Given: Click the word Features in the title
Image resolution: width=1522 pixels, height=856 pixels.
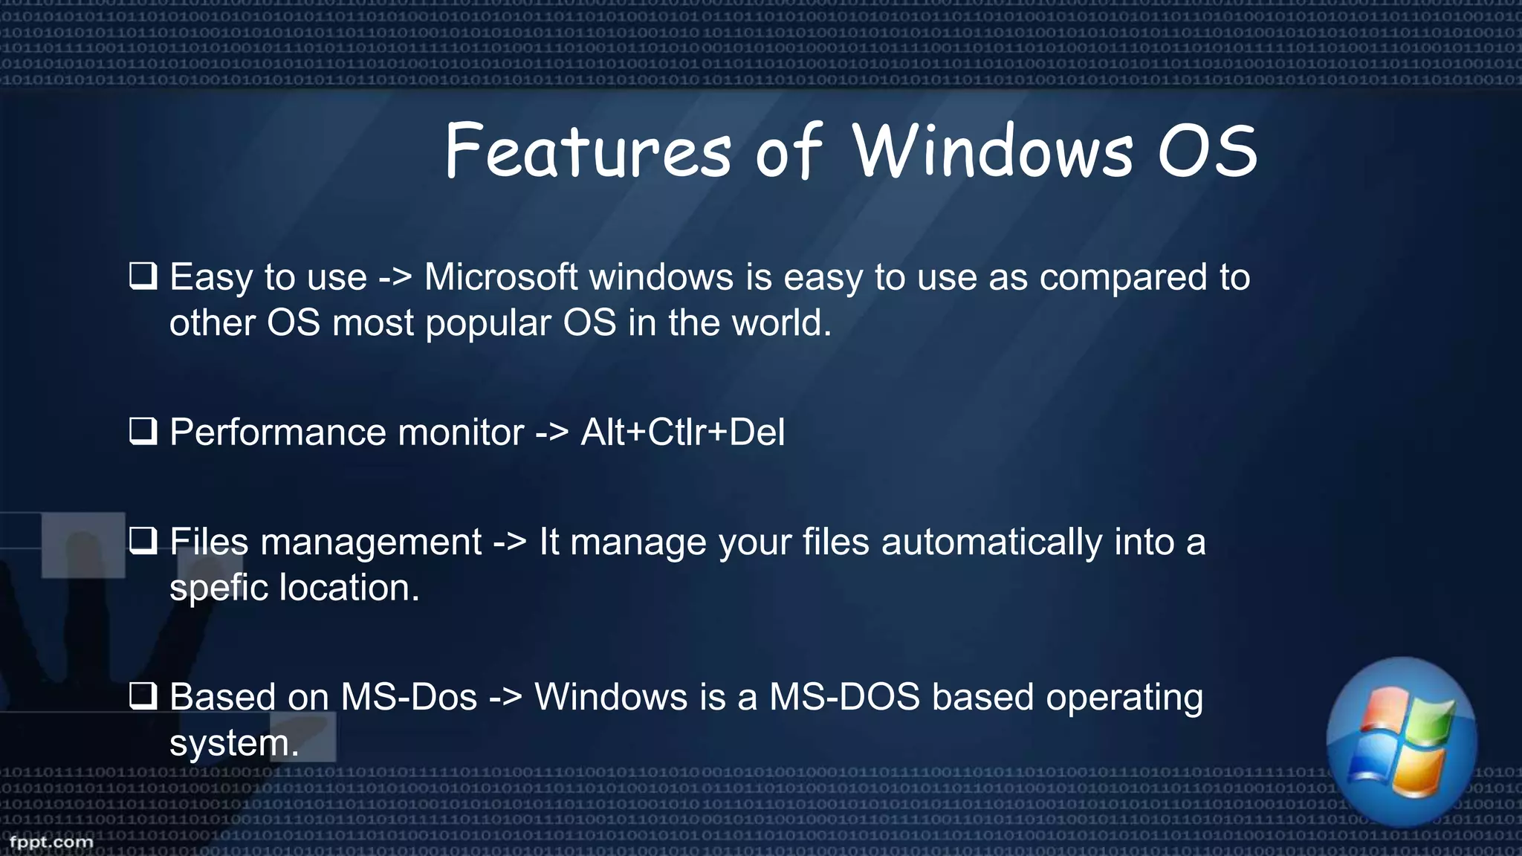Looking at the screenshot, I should point(588,152).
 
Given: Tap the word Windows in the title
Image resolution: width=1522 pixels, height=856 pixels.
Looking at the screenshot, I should point(992,152).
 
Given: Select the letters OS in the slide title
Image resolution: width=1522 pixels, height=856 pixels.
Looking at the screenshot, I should point(1208,152).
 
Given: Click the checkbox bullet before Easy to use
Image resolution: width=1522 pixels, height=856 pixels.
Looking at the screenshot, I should point(143,276).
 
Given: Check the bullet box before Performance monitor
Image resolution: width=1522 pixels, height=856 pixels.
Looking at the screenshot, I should point(143,431).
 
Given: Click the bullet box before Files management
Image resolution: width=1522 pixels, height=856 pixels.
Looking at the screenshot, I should point(143,540).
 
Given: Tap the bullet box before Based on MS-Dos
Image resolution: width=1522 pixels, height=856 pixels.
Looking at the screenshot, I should point(143,695).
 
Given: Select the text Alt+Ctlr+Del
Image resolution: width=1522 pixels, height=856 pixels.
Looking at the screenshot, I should point(682,432).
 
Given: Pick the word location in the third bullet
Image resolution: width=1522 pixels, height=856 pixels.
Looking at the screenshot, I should point(349,588).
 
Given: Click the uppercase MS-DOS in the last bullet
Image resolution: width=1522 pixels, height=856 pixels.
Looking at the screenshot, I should point(844,697).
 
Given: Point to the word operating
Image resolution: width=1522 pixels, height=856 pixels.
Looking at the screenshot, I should point(1124,698).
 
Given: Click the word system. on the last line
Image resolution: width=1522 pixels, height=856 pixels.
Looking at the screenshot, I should point(233,743).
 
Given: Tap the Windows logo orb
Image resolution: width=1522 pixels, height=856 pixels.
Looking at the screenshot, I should point(1402,742).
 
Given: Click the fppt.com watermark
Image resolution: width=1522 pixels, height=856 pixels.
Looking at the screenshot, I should point(51,842).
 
